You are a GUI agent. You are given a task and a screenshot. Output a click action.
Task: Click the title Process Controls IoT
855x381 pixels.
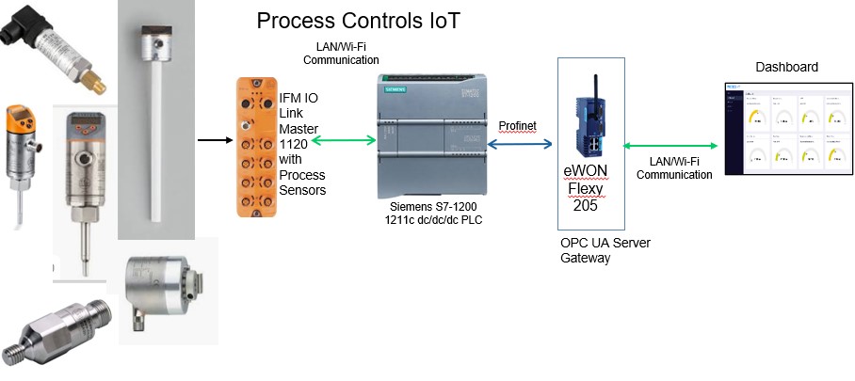click(359, 21)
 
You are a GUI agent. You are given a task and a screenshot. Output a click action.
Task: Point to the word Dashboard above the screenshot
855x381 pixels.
click(786, 67)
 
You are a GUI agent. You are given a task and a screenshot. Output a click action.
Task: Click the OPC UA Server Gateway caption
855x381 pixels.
click(605, 250)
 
